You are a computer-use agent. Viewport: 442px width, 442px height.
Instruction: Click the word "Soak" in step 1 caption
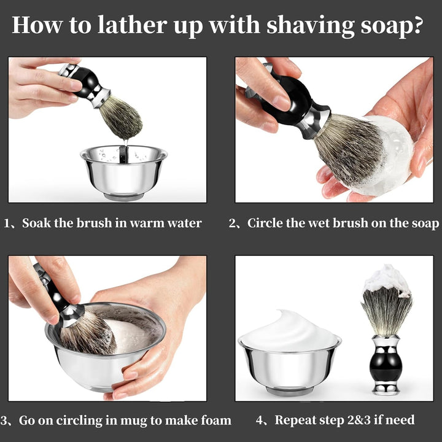click(37, 223)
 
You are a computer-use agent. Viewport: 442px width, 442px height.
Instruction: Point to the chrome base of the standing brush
click(386, 388)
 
